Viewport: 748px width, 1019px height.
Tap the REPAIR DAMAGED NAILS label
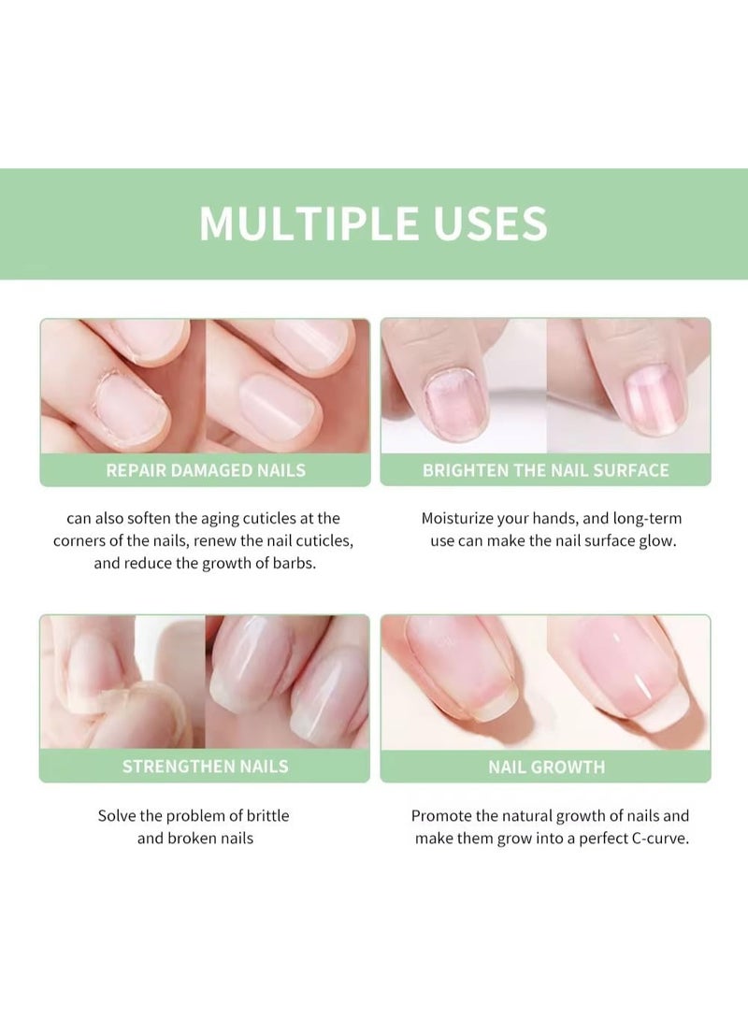(x=206, y=470)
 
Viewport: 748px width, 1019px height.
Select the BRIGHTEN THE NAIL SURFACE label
(x=545, y=470)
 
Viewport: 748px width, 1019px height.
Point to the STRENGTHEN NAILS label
(x=206, y=767)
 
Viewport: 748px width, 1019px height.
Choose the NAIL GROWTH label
(x=546, y=768)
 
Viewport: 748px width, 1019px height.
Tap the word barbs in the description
(x=295, y=565)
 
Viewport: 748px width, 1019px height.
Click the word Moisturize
(x=463, y=518)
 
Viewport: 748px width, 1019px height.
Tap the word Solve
(x=118, y=815)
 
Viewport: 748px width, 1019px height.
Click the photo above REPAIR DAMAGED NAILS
(x=206, y=385)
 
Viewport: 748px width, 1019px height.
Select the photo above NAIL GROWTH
(x=546, y=682)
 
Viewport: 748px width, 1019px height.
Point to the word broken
(x=194, y=839)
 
